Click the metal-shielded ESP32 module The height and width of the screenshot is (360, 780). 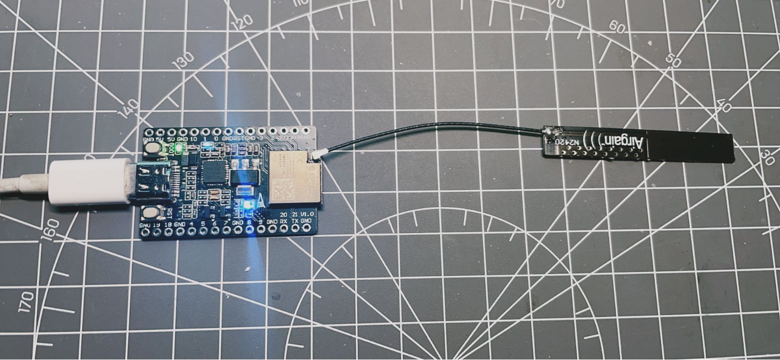(295, 177)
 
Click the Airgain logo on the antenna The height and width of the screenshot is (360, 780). (626, 143)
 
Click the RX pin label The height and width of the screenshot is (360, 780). (283, 221)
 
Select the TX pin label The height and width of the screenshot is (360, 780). (295, 221)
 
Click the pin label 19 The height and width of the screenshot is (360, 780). (156, 224)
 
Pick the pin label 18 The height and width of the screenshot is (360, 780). (168, 224)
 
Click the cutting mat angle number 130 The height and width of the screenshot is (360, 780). (183, 60)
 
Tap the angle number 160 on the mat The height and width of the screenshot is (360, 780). (52, 229)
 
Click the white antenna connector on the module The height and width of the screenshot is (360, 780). (317, 155)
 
